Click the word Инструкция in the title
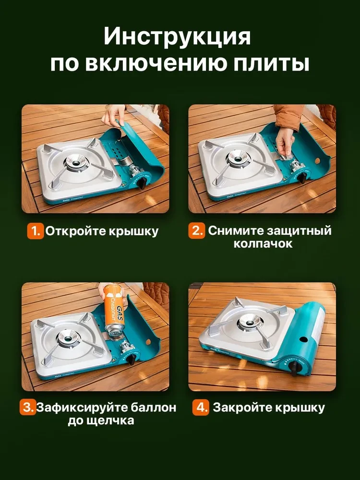click(178, 37)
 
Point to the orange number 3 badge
click(27, 408)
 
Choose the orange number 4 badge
click(201, 408)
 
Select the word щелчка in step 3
click(111, 421)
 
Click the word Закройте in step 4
click(237, 408)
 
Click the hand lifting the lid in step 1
click(113, 117)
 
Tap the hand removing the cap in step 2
click(287, 142)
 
